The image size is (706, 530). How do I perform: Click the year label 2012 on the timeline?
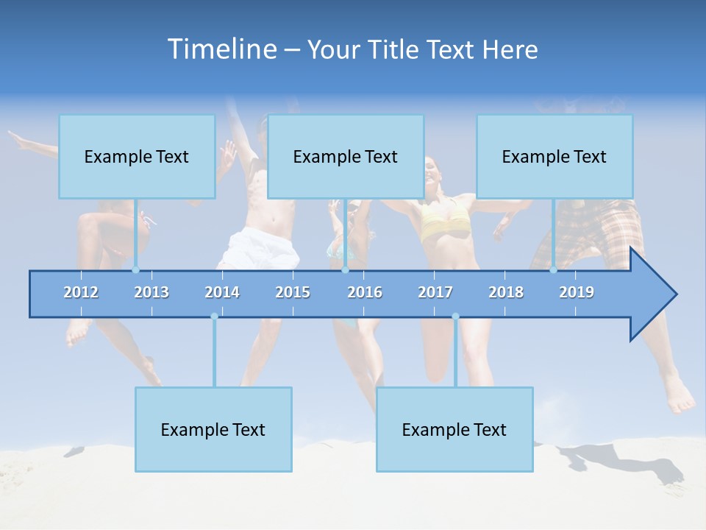[x=81, y=292]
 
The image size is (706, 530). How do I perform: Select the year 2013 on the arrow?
[x=151, y=292]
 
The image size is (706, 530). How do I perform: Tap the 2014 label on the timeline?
[x=222, y=292]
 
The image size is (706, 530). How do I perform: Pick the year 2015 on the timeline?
[x=293, y=292]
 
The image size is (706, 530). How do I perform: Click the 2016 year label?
[x=365, y=292]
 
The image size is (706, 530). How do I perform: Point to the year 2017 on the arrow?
[x=435, y=292]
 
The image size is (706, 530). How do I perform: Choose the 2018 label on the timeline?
[x=506, y=292]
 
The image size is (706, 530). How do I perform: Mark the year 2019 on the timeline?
[x=577, y=292]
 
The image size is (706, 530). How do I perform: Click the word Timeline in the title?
[x=221, y=49]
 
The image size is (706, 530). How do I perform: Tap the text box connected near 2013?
[x=137, y=157]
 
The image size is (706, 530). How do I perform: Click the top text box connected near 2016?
[x=346, y=157]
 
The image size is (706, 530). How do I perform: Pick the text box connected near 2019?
[x=555, y=157]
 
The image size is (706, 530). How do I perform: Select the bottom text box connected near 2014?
[x=213, y=429]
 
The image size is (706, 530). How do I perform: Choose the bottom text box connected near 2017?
[x=454, y=429]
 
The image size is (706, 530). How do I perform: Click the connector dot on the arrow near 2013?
[x=136, y=270]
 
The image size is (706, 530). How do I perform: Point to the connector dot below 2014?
[x=214, y=317]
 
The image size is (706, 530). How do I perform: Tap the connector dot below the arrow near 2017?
[x=455, y=317]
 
